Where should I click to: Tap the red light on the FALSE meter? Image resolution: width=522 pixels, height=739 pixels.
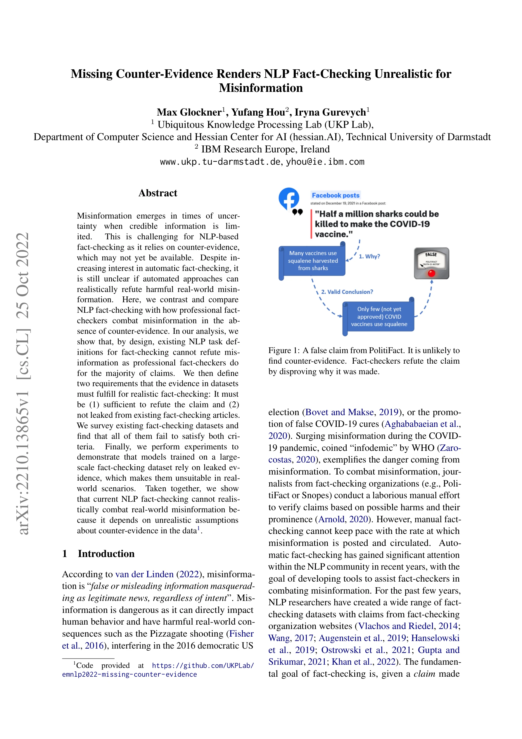(431, 273)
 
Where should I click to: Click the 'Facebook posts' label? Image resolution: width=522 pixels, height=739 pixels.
(336, 195)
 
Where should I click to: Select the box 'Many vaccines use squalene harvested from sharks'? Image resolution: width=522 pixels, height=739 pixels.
(313, 261)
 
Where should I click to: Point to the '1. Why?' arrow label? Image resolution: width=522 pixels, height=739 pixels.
(369, 257)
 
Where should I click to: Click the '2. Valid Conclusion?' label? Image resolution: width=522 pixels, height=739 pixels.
(347, 292)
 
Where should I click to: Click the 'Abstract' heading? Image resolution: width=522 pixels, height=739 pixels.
(158, 193)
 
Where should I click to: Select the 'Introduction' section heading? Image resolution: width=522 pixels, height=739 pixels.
(106, 554)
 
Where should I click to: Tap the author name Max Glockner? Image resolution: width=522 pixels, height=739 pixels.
(189, 112)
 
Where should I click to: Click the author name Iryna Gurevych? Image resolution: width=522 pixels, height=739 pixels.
(330, 112)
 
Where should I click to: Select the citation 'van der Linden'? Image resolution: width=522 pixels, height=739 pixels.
(144, 574)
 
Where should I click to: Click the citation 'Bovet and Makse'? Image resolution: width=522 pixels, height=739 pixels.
(339, 412)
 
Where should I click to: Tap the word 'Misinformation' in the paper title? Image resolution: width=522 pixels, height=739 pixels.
(261, 88)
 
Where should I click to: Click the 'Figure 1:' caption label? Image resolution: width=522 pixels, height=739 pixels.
(284, 350)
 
